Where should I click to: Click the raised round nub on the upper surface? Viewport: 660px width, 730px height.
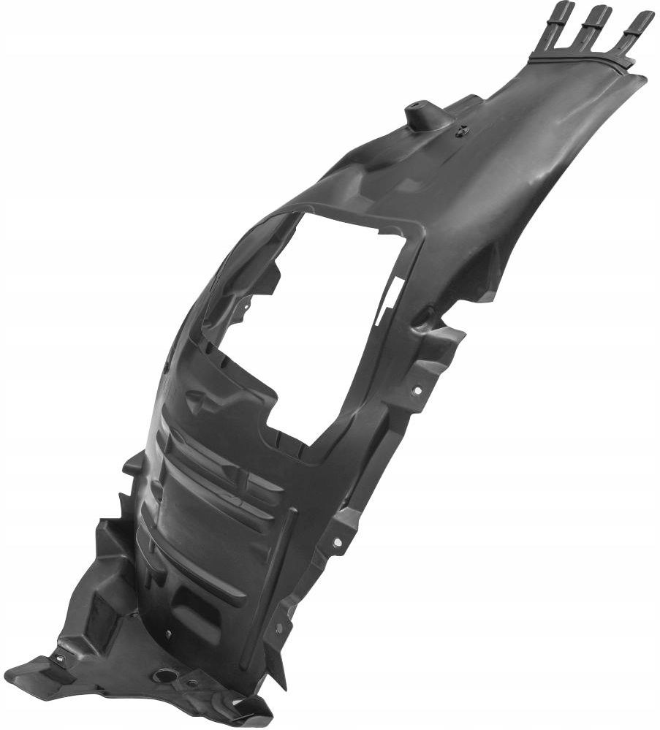(419, 113)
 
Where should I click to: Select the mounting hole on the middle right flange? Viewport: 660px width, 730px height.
(337, 541)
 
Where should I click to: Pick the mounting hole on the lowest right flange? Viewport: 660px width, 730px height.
(279, 626)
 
